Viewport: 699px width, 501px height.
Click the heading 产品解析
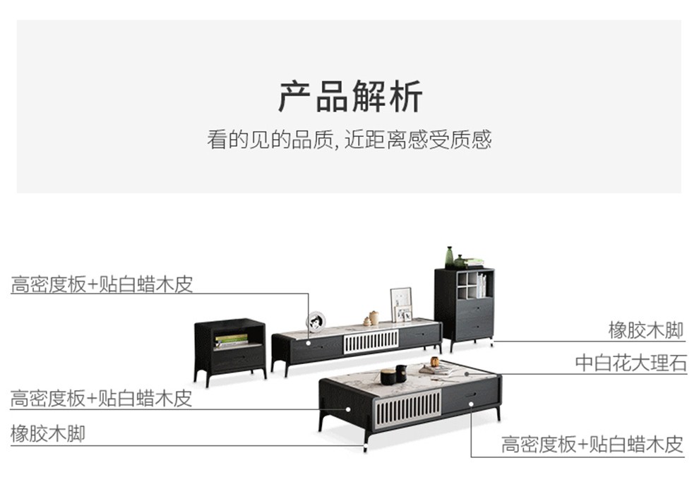(x=349, y=97)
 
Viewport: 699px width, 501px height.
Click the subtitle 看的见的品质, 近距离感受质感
(x=349, y=139)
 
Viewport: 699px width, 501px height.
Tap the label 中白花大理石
(x=631, y=363)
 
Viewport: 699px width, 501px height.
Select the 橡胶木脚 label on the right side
(x=646, y=330)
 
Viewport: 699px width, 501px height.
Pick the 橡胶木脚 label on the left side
(x=47, y=433)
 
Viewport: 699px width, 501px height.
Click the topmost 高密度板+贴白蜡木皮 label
(x=102, y=284)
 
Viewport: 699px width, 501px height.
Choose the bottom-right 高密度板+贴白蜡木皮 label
(x=592, y=445)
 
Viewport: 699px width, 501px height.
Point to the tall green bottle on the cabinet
(x=449, y=257)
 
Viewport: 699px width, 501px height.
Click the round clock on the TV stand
(x=316, y=321)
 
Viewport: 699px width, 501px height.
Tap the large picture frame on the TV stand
(x=401, y=305)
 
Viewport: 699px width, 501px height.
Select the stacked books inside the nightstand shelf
(x=231, y=341)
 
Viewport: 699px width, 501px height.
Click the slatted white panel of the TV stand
(x=371, y=341)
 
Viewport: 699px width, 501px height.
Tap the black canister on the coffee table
(x=389, y=375)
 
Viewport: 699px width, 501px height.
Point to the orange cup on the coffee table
(x=435, y=362)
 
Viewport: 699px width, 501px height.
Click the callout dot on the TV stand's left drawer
(x=308, y=342)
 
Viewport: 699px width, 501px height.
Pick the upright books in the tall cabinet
(x=481, y=286)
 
